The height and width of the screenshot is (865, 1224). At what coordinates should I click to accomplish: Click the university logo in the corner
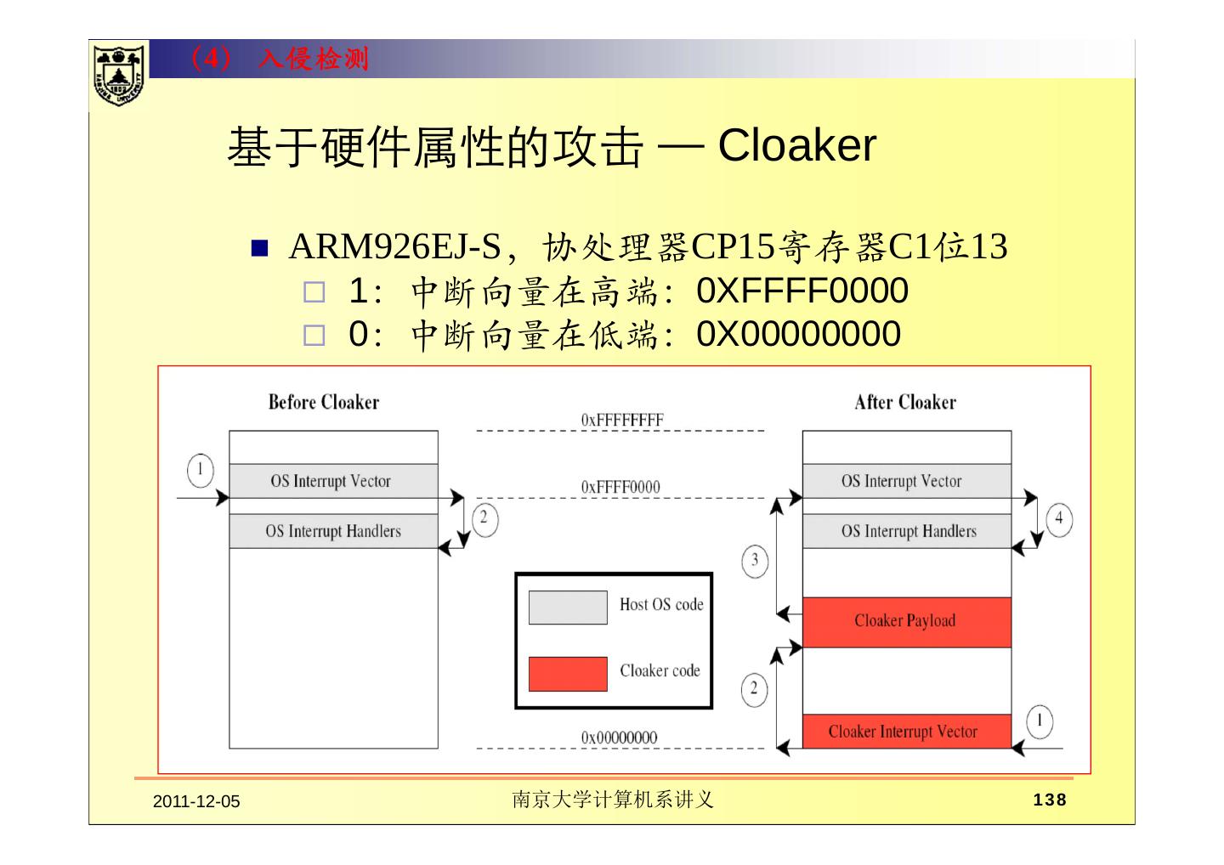click(118, 75)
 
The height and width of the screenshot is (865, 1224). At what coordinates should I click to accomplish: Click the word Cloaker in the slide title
click(796, 145)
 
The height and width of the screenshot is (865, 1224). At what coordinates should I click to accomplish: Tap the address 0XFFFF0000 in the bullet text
click(802, 291)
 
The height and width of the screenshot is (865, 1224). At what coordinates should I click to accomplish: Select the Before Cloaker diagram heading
click(323, 402)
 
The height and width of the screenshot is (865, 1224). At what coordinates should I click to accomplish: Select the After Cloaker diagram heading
click(904, 402)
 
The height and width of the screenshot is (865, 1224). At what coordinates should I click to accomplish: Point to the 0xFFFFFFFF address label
click(622, 420)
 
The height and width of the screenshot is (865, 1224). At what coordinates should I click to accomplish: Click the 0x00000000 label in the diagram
click(619, 738)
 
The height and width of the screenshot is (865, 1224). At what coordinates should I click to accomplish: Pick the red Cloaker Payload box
click(906, 621)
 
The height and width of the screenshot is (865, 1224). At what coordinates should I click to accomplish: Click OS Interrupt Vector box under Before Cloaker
click(333, 481)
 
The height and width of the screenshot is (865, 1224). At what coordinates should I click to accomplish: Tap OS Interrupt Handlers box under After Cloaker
click(907, 531)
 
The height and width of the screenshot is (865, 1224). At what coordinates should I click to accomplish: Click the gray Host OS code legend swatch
click(568, 608)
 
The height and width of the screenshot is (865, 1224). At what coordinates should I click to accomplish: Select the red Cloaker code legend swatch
click(568, 674)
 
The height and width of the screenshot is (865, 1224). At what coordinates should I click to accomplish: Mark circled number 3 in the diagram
click(755, 561)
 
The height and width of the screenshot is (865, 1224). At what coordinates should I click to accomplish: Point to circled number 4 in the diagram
click(1058, 518)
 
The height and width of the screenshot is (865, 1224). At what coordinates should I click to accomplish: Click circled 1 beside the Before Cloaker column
click(201, 470)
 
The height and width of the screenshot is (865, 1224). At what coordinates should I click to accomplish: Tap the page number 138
click(1049, 800)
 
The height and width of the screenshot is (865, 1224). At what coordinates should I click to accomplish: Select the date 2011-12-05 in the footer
click(196, 801)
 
